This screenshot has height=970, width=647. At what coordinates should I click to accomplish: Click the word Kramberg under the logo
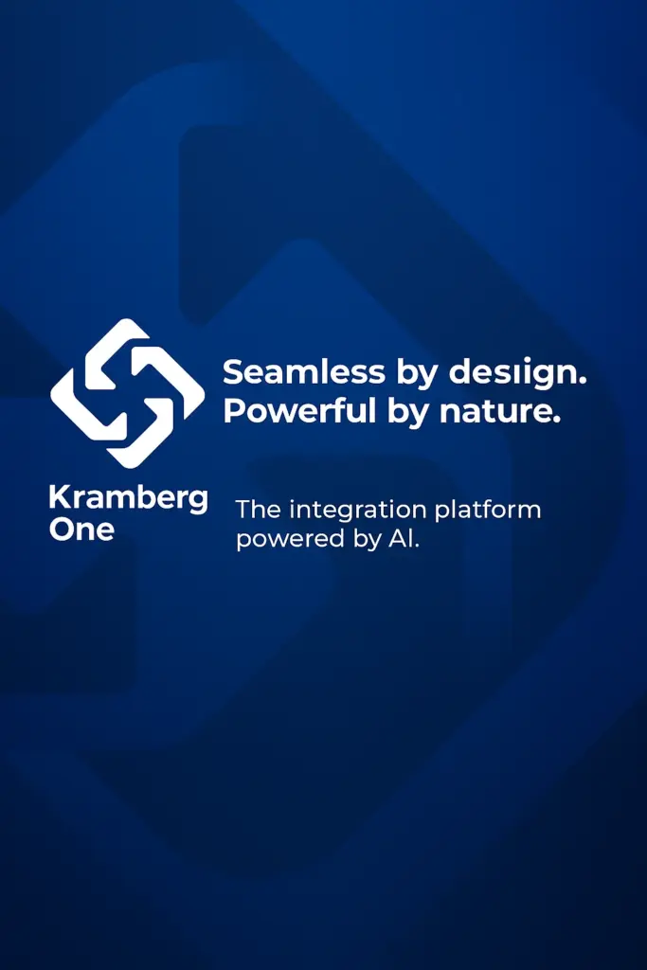click(x=128, y=499)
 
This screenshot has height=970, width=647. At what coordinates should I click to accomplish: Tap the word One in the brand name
click(x=81, y=529)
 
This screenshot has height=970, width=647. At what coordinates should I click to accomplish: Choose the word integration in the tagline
click(x=359, y=509)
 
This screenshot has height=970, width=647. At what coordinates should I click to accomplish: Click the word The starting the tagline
click(x=258, y=509)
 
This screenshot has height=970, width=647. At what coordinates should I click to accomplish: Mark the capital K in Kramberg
click(x=57, y=497)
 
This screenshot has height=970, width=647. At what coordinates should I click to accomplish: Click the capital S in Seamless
click(x=233, y=372)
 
